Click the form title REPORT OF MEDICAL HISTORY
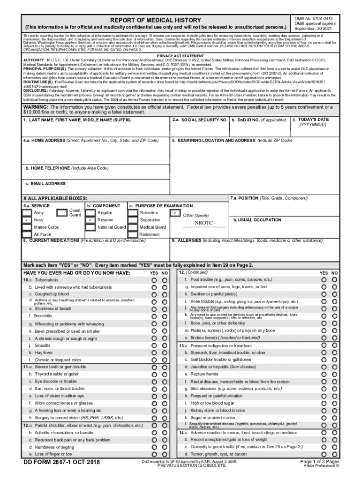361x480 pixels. (x=155, y=20)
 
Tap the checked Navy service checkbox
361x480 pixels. (x=28, y=220)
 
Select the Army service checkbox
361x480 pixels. (x=28, y=213)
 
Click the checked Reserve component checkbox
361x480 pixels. (x=90, y=220)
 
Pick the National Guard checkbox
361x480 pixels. (x=90, y=227)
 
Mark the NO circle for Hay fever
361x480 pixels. (x=165, y=352)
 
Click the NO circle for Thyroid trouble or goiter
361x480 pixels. (x=165, y=375)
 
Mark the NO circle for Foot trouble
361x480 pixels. (x=335, y=280)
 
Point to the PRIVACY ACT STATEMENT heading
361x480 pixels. (x=180, y=56)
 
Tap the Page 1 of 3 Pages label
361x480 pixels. (x=320, y=462)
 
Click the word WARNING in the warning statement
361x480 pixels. (x=38, y=107)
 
